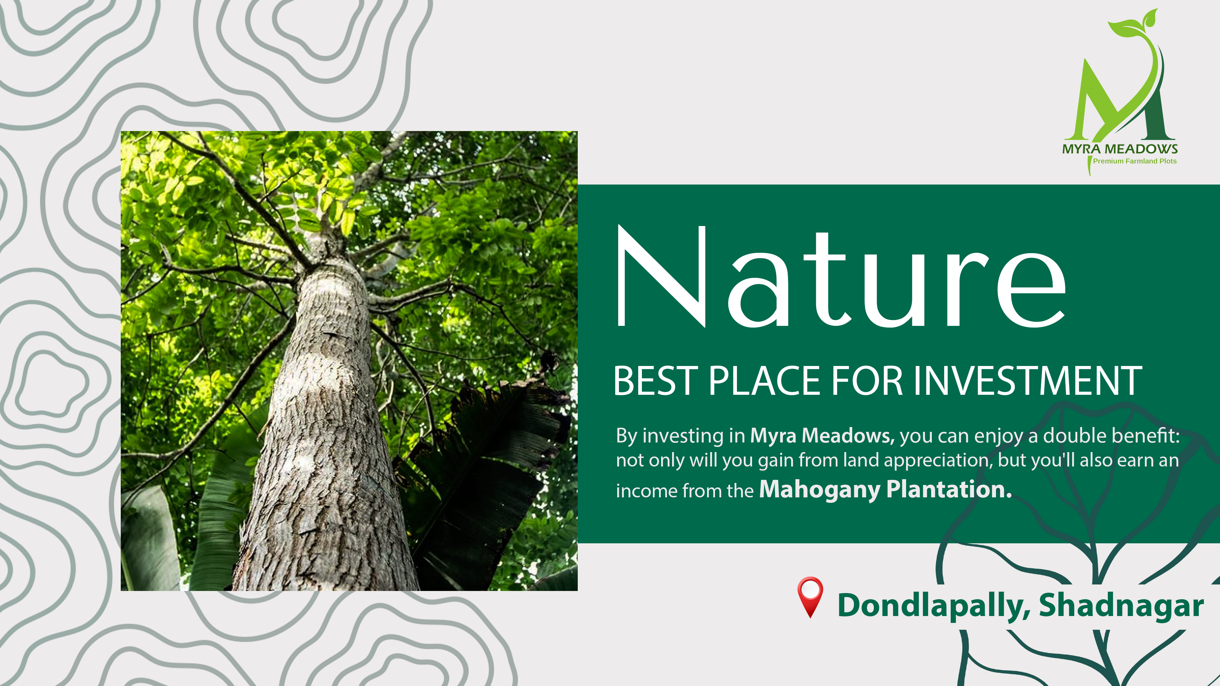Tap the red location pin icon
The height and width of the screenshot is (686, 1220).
tap(810, 597)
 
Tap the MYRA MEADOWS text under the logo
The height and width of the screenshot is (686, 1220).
tap(1119, 149)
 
